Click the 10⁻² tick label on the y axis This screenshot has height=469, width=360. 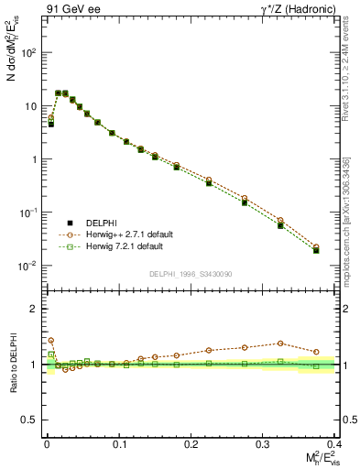point(27,266)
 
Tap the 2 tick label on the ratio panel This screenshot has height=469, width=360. point(34,309)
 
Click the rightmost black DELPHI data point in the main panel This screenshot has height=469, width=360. point(316,250)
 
